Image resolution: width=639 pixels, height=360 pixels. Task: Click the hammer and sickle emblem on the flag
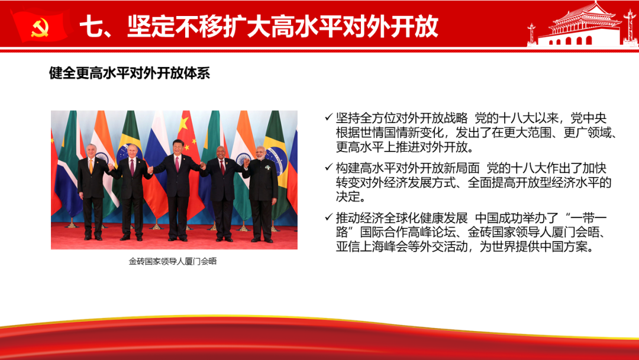click(40, 28)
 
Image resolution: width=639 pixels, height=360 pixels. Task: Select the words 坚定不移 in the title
click(175, 27)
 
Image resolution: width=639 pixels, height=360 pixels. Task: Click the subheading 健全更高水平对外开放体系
click(130, 73)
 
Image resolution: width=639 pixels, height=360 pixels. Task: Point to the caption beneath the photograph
click(173, 261)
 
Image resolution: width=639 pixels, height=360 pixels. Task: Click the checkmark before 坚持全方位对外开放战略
click(328, 117)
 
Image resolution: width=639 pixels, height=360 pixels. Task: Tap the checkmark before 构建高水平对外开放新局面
click(328, 167)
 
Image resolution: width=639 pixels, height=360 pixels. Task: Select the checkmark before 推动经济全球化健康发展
click(328, 217)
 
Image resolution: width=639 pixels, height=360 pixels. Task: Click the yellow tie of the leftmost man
click(91, 166)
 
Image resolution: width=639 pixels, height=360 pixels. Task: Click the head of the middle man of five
click(177, 147)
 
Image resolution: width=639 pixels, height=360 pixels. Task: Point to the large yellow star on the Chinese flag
click(184, 124)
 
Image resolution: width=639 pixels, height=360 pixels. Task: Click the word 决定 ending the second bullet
click(348, 197)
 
